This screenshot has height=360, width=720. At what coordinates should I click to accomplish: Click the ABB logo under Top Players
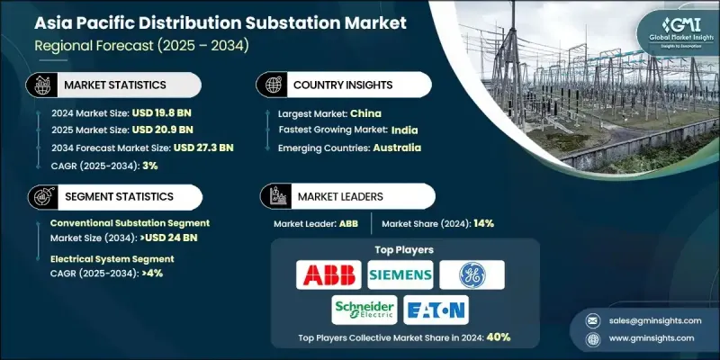(328, 274)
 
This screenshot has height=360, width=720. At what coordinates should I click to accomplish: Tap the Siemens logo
(399, 274)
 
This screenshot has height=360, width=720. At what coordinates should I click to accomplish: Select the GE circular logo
(472, 274)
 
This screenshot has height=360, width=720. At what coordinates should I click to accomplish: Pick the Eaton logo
(436, 310)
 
